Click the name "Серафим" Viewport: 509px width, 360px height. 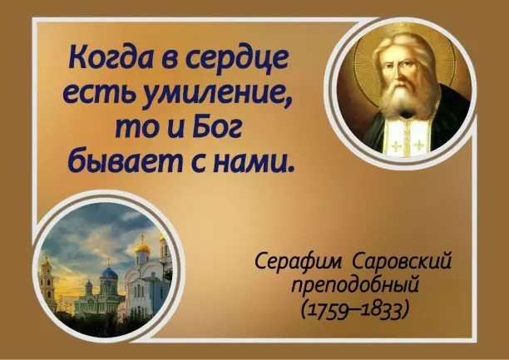coord(299,261)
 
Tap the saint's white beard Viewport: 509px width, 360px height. coord(401,97)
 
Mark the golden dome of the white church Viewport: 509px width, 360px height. coord(142,249)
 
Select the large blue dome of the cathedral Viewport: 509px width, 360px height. coord(109,274)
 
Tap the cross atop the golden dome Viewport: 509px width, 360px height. coord(142,239)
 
